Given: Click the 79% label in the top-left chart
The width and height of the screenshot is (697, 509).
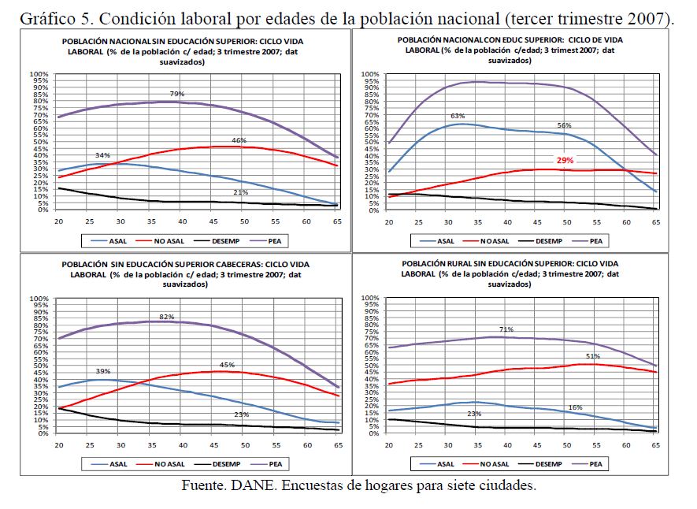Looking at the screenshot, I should tap(177, 94).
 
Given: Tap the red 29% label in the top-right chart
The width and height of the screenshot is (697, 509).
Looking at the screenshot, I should tap(565, 160).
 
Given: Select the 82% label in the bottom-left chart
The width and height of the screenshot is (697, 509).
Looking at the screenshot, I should tap(167, 316).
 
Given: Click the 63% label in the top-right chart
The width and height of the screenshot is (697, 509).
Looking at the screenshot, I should tap(458, 116).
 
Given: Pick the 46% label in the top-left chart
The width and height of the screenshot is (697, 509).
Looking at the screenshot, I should tap(239, 140).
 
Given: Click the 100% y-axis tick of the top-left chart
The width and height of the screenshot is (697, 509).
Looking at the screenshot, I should tap(39, 75).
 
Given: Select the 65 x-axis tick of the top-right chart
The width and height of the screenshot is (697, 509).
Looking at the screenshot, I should tap(657, 223).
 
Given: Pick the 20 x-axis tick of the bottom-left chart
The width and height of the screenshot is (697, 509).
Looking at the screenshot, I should tap(57, 446).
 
